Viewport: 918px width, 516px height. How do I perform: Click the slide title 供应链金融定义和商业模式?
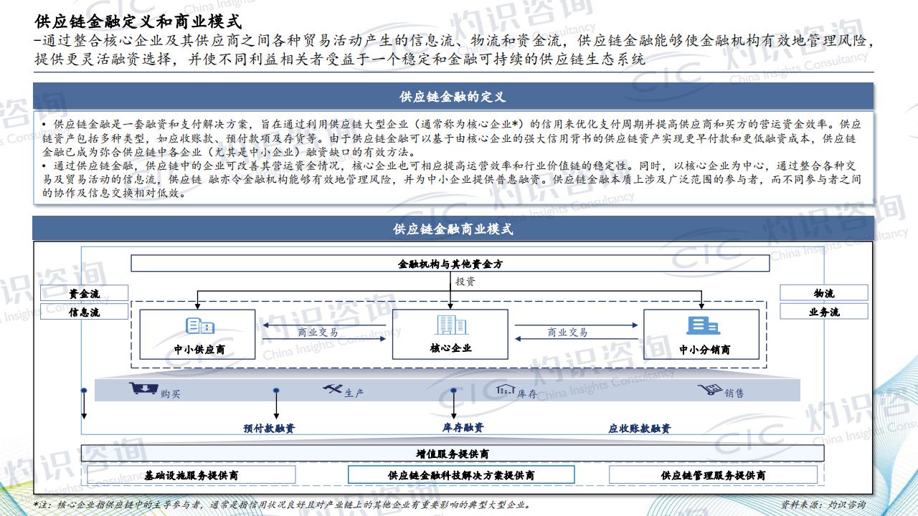tap(138, 21)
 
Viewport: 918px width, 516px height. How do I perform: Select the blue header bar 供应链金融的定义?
tap(453, 96)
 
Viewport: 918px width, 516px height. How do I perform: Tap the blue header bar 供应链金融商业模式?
tap(453, 229)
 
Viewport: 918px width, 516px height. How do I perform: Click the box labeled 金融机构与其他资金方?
tap(450, 264)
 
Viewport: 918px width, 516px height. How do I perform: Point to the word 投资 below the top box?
tap(465, 282)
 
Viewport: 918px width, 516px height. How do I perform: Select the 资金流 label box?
tap(85, 293)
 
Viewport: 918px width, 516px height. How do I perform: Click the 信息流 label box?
tap(85, 312)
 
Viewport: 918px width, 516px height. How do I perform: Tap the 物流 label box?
tap(824, 293)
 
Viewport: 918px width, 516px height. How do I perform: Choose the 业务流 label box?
tap(824, 312)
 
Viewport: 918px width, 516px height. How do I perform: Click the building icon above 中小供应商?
tap(200, 326)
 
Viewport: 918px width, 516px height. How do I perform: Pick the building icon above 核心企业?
tap(451, 325)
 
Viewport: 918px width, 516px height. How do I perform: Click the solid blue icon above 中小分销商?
tap(704, 325)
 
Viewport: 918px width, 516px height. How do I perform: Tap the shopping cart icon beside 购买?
tap(143, 388)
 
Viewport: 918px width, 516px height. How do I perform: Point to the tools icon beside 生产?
tap(332, 388)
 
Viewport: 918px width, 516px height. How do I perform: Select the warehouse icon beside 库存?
tap(506, 389)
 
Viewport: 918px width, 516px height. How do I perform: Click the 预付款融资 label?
tap(269, 429)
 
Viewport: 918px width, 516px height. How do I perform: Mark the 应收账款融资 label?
tap(639, 429)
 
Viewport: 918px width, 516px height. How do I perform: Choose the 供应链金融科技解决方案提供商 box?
tap(461, 475)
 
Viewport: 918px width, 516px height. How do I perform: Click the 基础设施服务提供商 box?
tap(191, 475)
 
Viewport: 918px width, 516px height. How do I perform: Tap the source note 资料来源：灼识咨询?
tap(823, 505)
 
